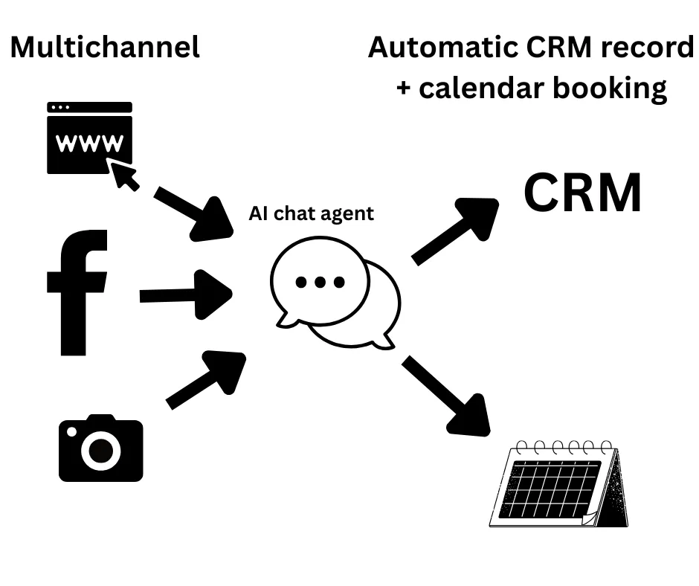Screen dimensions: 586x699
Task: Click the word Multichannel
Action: (105, 48)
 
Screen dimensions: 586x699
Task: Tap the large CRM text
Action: (582, 193)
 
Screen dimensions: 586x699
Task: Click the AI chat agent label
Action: (311, 214)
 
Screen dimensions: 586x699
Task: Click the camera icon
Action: (101, 448)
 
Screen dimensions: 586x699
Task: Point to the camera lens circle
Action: (101, 450)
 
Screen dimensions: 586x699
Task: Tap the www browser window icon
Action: (89, 138)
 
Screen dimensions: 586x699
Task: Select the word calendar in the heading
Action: (480, 88)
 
